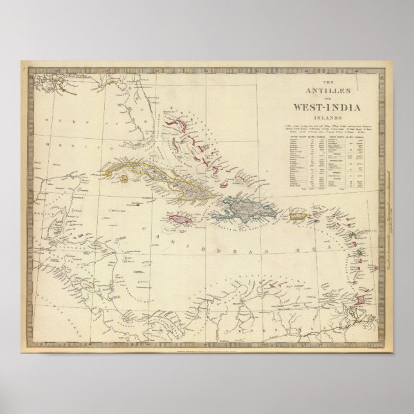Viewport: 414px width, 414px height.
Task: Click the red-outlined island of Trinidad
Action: pos(363,300)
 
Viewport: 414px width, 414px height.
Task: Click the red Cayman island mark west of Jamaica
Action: pos(136,204)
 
